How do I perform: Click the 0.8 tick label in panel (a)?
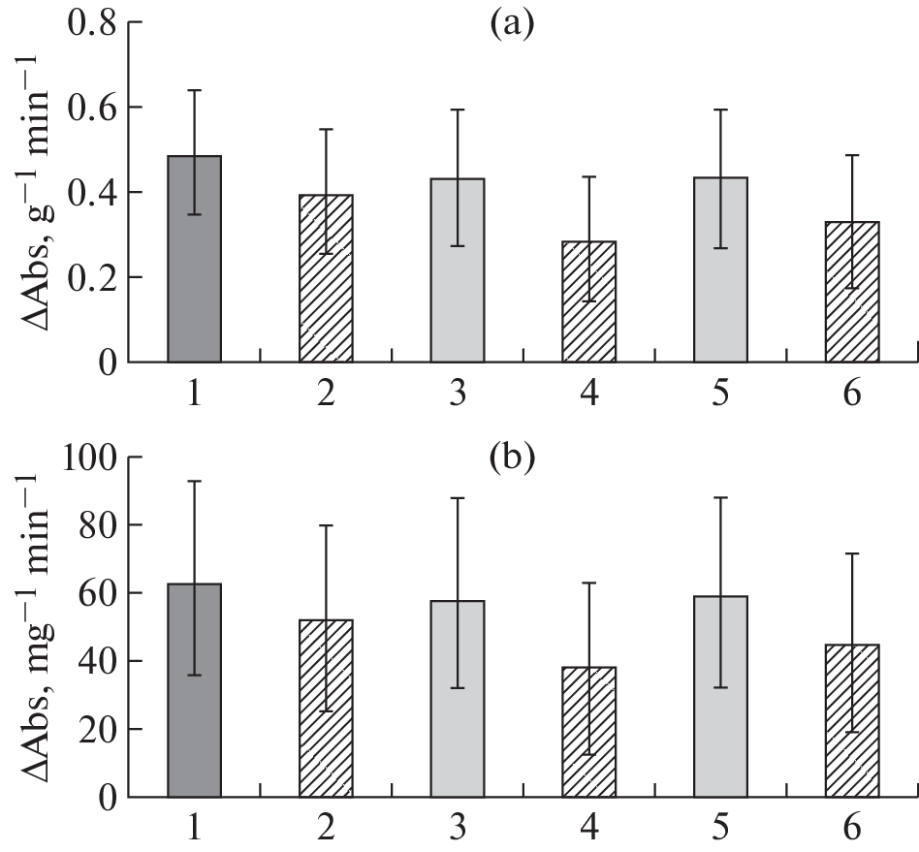pyautogui.click(x=88, y=23)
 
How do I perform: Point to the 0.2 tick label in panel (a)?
pyautogui.click(x=88, y=277)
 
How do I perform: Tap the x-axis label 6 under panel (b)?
pyautogui.click(x=852, y=829)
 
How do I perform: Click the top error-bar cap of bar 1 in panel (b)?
pyautogui.click(x=195, y=481)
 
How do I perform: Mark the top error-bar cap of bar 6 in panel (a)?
pyautogui.click(x=852, y=155)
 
